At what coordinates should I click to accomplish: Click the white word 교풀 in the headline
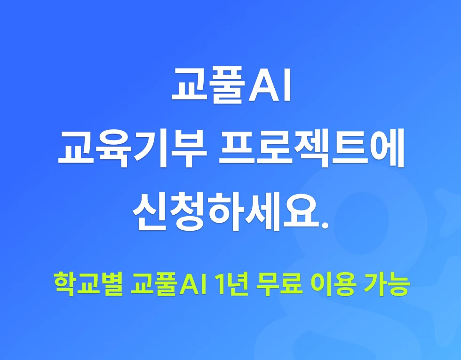[x=208, y=85]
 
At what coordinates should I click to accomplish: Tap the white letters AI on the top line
[x=270, y=85]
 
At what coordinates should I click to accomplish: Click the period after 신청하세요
[x=324, y=224]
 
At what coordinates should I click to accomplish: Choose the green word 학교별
[x=88, y=284]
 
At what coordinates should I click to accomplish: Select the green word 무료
[x=279, y=284]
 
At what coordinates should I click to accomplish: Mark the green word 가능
[x=387, y=284]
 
